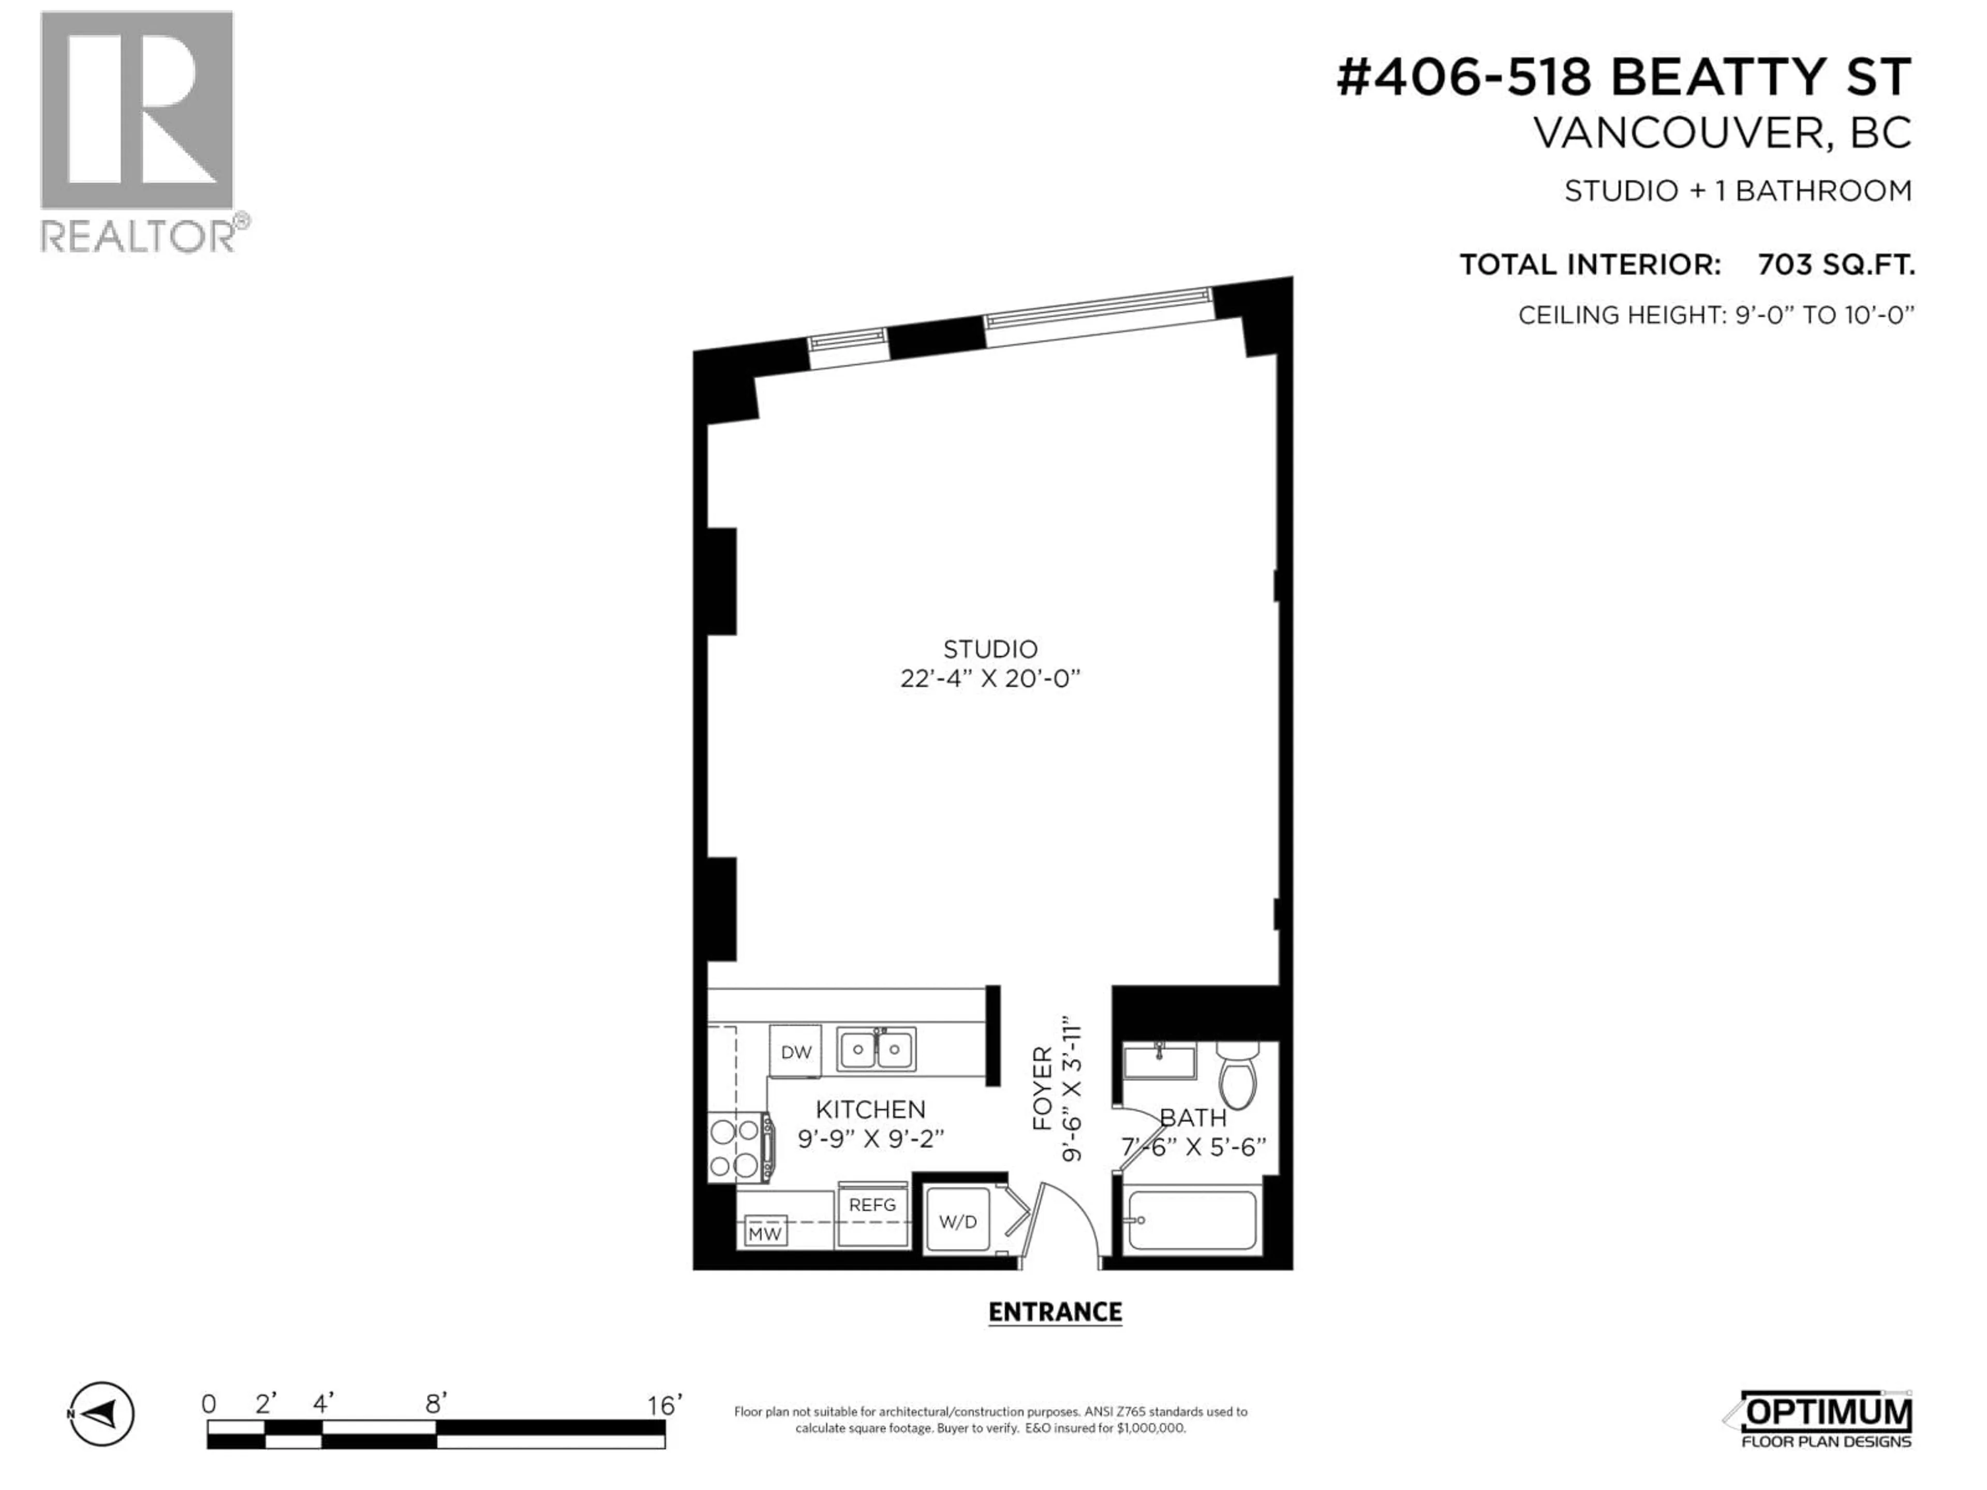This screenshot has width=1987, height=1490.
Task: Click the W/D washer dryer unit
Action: coord(958,1221)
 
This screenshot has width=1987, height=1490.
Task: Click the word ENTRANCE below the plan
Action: coord(1055,1312)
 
